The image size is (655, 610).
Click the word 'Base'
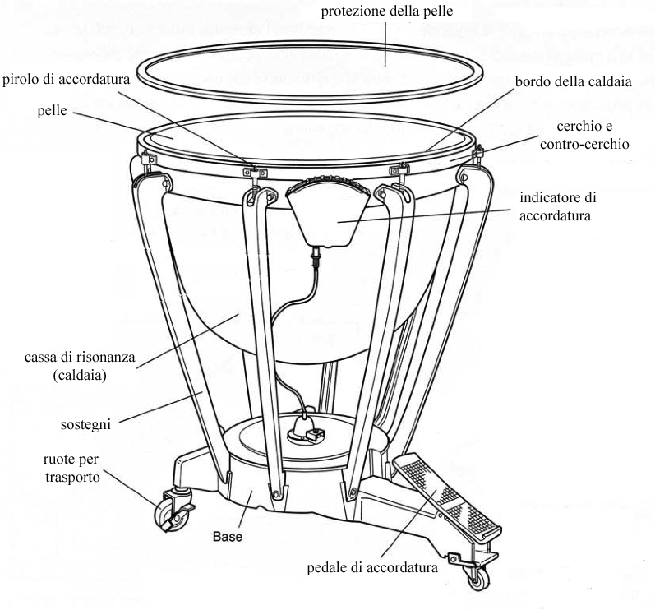point(228,537)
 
